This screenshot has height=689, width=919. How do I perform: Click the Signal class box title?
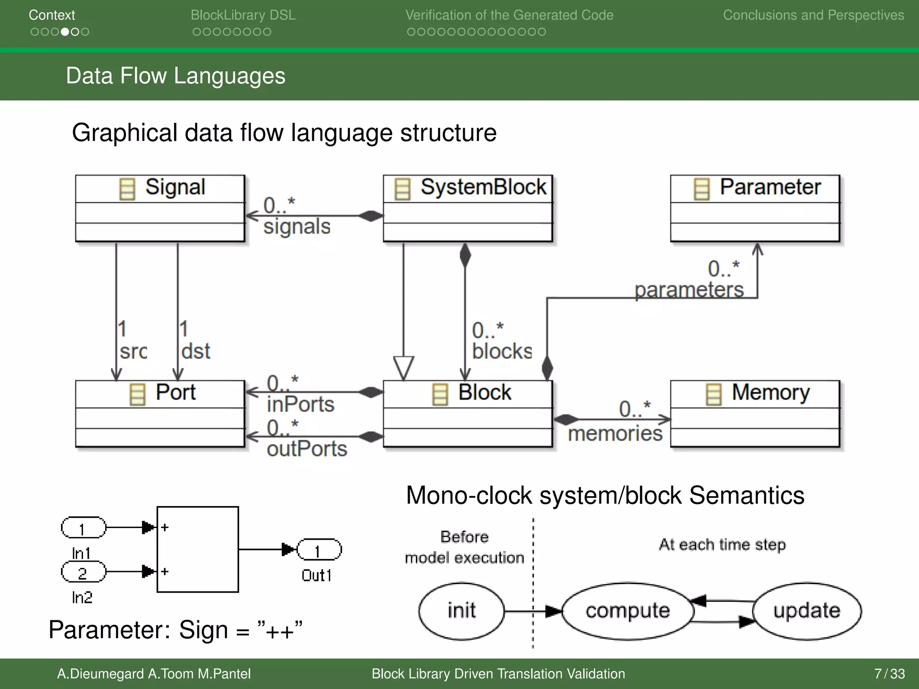pyautogui.click(x=175, y=188)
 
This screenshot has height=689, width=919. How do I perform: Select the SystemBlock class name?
pyautogui.click(x=483, y=188)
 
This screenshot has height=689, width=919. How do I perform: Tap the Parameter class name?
pyautogui.click(x=770, y=188)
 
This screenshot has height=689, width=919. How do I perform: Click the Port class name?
pyautogui.click(x=175, y=393)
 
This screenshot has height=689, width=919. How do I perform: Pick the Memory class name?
pyautogui.click(x=770, y=393)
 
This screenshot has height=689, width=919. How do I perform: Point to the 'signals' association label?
pyautogui.click(x=297, y=227)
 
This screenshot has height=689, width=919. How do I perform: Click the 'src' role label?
pyautogui.click(x=133, y=351)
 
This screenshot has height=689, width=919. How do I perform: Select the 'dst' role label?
pyautogui.click(x=195, y=351)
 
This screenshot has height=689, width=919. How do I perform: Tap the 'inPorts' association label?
pyautogui.click(x=300, y=405)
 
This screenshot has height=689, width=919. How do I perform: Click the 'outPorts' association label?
pyautogui.click(x=306, y=449)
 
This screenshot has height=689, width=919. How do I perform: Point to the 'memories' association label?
pyautogui.click(x=615, y=434)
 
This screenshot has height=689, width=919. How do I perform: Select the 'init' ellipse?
pyautogui.click(x=461, y=611)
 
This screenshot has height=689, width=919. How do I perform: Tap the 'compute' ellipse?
pyautogui.click(x=627, y=611)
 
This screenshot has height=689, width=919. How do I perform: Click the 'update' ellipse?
pyautogui.click(x=806, y=611)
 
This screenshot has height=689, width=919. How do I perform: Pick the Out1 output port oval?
pyautogui.click(x=319, y=550)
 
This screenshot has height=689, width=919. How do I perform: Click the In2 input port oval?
pyautogui.click(x=83, y=572)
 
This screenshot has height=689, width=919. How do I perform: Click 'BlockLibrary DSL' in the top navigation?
pyautogui.click(x=243, y=15)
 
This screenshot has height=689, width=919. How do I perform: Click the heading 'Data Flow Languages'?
pyautogui.click(x=175, y=76)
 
